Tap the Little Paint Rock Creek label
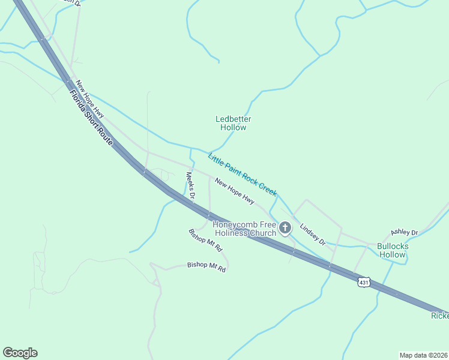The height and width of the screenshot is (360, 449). pyautogui.click(x=242, y=175)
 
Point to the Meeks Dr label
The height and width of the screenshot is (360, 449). pyautogui.click(x=190, y=186)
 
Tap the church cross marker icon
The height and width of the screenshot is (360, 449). pyautogui.click(x=285, y=228)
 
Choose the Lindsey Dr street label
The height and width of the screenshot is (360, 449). pyautogui.click(x=312, y=235)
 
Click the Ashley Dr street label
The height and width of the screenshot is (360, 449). pyautogui.click(x=404, y=232)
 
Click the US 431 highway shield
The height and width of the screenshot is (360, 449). pyautogui.click(x=363, y=281)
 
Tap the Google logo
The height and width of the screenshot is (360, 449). pyautogui.click(x=20, y=353)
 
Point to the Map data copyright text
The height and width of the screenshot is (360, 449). pyautogui.click(x=423, y=355)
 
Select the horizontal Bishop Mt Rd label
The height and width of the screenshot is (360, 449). pyautogui.click(x=206, y=265)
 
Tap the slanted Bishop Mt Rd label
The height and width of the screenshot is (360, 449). pyautogui.click(x=205, y=240)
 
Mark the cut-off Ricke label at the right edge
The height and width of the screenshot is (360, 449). pyautogui.click(x=439, y=316)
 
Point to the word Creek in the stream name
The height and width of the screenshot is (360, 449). pyautogui.click(x=267, y=187)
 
